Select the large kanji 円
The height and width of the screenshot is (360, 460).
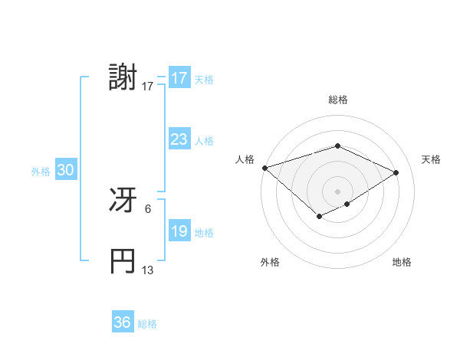coord(123,261)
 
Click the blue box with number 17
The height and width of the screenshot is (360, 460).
coord(179,78)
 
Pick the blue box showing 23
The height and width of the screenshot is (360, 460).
coord(179,140)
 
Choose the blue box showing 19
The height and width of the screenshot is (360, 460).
coord(179,232)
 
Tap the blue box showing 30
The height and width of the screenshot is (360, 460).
coord(65,171)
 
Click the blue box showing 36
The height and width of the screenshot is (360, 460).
coord(122,322)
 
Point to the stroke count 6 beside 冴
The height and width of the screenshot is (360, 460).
coord(148,208)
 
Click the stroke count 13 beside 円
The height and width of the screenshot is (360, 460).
coord(148,270)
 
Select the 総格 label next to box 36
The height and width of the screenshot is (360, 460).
coord(147,324)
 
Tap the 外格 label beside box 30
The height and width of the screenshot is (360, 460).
coord(41,172)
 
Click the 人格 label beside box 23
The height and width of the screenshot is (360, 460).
coord(204,141)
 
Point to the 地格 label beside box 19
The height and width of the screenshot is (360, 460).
coord(204,233)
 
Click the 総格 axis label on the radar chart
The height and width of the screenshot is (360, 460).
coord(337,100)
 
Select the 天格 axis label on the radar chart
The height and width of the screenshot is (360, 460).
coord(431,159)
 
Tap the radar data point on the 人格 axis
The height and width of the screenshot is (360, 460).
coord(264,167)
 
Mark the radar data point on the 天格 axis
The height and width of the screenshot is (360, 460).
coord(396,172)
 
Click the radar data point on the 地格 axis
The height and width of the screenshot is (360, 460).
coord(347,204)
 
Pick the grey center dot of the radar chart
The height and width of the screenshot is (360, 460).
coord(337,191)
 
